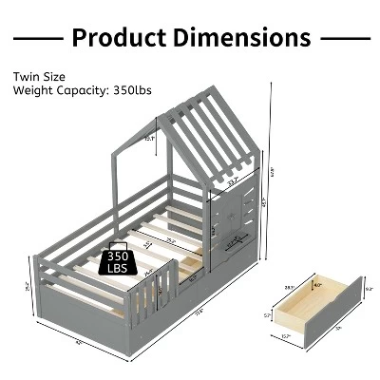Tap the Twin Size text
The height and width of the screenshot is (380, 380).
38,76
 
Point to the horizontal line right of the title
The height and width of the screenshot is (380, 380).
344,38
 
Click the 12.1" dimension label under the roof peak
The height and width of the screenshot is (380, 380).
149,138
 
